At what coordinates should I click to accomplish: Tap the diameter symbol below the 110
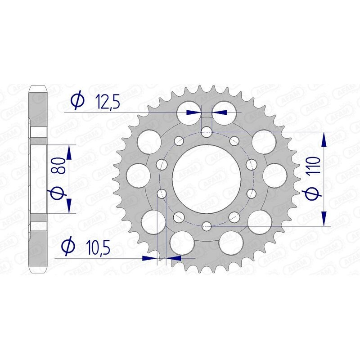(314, 193)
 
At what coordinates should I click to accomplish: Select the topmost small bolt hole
(207, 132)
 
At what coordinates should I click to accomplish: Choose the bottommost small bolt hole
(207, 226)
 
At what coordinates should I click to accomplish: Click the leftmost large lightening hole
(139, 175)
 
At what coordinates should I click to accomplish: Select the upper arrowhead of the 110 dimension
(324, 139)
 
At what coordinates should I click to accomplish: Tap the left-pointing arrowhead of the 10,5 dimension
(173, 258)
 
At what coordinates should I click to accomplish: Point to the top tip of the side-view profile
(38, 85)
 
